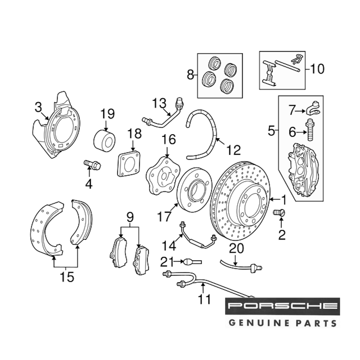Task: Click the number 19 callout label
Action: click(x=107, y=114)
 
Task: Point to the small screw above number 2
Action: click(x=279, y=212)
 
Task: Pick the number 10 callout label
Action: click(x=317, y=68)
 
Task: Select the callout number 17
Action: click(x=163, y=217)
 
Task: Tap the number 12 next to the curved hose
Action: click(x=233, y=149)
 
